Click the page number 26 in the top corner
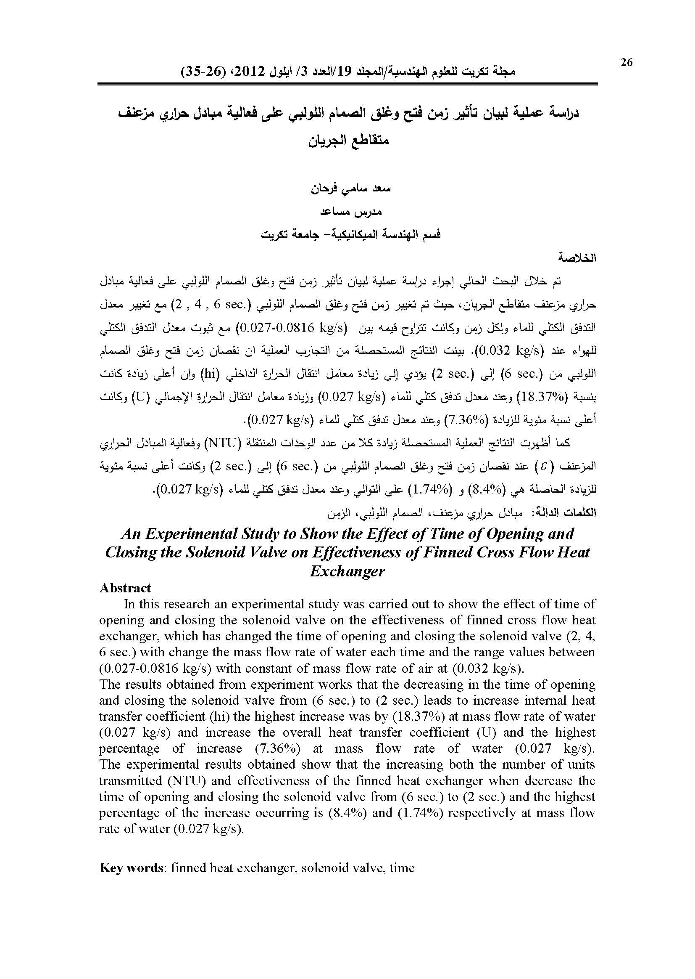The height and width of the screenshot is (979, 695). (x=626, y=62)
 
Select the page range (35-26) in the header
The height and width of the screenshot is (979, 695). (x=198, y=71)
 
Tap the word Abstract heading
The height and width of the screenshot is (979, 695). (x=125, y=588)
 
